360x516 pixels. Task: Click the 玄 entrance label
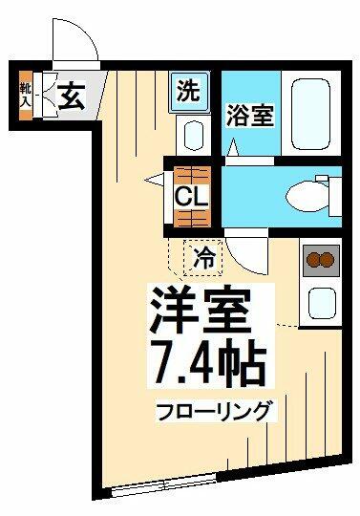pyautogui.click(x=72, y=96)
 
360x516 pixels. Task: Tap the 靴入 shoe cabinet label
pyautogui.click(x=26, y=96)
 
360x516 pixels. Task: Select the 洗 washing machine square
pyautogui.click(x=190, y=92)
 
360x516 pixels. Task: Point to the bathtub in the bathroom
pyautogui.click(x=310, y=114)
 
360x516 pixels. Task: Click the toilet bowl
pyautogui.click(x=307, y=197)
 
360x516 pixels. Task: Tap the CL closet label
pyautogui.click(x=192, y=196)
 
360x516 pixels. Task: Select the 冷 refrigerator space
pyautogui.click(x=203, y=258)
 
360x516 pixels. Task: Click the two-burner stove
pyautogui.click(x=321, y=260)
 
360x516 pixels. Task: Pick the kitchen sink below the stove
pyautogui.click(x=322, y=304)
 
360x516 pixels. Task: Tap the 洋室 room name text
pyautogui.click(x=201, y=309)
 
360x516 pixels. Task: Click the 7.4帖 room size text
pyautogui.click(x=209, y=361)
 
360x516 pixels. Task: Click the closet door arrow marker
pyautogui.click(x=155, y=180)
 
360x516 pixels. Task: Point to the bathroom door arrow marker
pyautogui.click(x=233, y=147)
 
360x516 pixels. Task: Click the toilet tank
pyautogui.click(x=334, y=196)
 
